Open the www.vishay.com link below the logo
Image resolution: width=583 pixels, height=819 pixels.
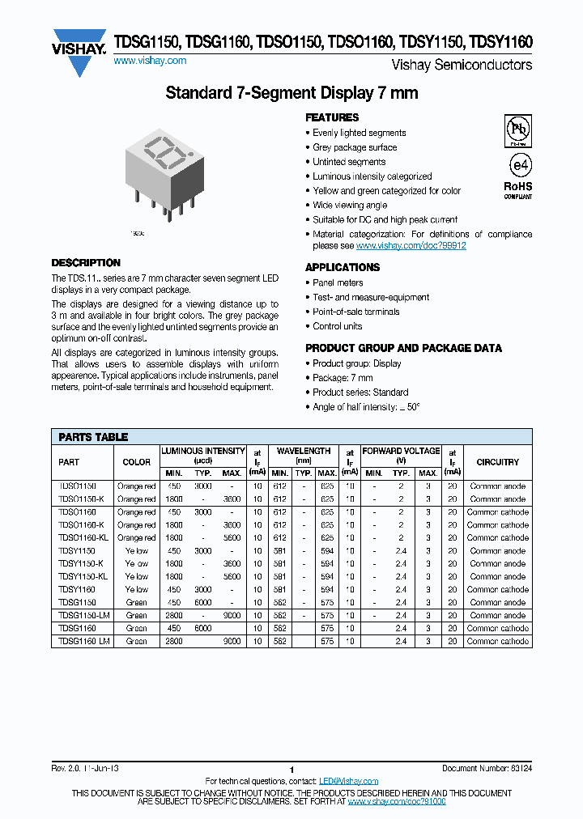pyautogui.click(x=150, y=62)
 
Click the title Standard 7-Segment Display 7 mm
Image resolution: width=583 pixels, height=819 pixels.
pyautogui.click(x=291, y=93)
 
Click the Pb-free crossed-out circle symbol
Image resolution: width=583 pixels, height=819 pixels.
pyautogui.click(x=517, y=129)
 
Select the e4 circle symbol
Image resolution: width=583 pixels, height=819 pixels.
pyautogui.click(x=518, y=164)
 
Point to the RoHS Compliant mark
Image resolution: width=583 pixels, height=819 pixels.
pyautogui.click(x=518, y=190)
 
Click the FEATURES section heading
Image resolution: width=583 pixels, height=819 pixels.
pyautogui.click(x=332, y=117)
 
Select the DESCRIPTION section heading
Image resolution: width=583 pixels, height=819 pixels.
pyautogui.click(x=86, y=263)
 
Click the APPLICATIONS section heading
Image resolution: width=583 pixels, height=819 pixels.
pyautogui.click(x=343, y=267)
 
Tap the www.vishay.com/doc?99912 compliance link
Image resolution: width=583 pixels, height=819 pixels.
pyautogui.click(x=411, y=245)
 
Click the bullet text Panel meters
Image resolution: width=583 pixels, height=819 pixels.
pyautogui.click(x=338, y=283)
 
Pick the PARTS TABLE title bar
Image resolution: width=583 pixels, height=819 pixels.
pyautogui.click(x=93, y=437)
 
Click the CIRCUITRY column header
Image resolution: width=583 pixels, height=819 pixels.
pyautogui.click(x=497, y=462)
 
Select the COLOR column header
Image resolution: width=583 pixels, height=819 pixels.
pyautogui.click(x=136, y=462)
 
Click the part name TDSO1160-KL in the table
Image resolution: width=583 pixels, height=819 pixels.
pyautogui.click(x=83, y=537)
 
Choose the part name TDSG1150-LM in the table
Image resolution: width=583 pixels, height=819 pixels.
pyautogui.click(x=83, y=615)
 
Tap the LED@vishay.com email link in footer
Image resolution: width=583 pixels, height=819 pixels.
pyautogui.click(x=348, y=781)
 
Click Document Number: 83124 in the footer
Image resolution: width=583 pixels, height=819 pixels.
pyautogui.click(x=487, y=769)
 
